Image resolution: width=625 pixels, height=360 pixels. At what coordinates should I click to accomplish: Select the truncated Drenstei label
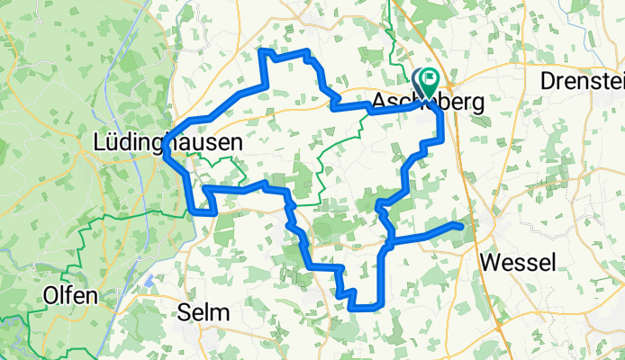[582, 80]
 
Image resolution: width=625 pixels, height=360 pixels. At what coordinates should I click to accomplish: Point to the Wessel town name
[519, 263]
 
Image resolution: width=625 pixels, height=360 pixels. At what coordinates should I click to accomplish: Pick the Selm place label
[204, 312]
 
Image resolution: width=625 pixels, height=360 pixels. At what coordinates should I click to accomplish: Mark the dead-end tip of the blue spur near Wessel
[463, 225]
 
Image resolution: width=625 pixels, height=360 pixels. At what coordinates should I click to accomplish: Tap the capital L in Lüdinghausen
[101, 142]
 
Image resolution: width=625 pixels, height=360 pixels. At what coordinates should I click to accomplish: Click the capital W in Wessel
[491, 263]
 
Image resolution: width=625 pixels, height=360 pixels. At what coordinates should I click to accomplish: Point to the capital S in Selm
[185, 312]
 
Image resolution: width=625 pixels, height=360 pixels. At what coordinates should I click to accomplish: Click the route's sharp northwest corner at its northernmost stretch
[262, 52]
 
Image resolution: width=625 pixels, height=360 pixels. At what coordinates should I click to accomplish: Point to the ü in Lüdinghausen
[114, 142]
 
